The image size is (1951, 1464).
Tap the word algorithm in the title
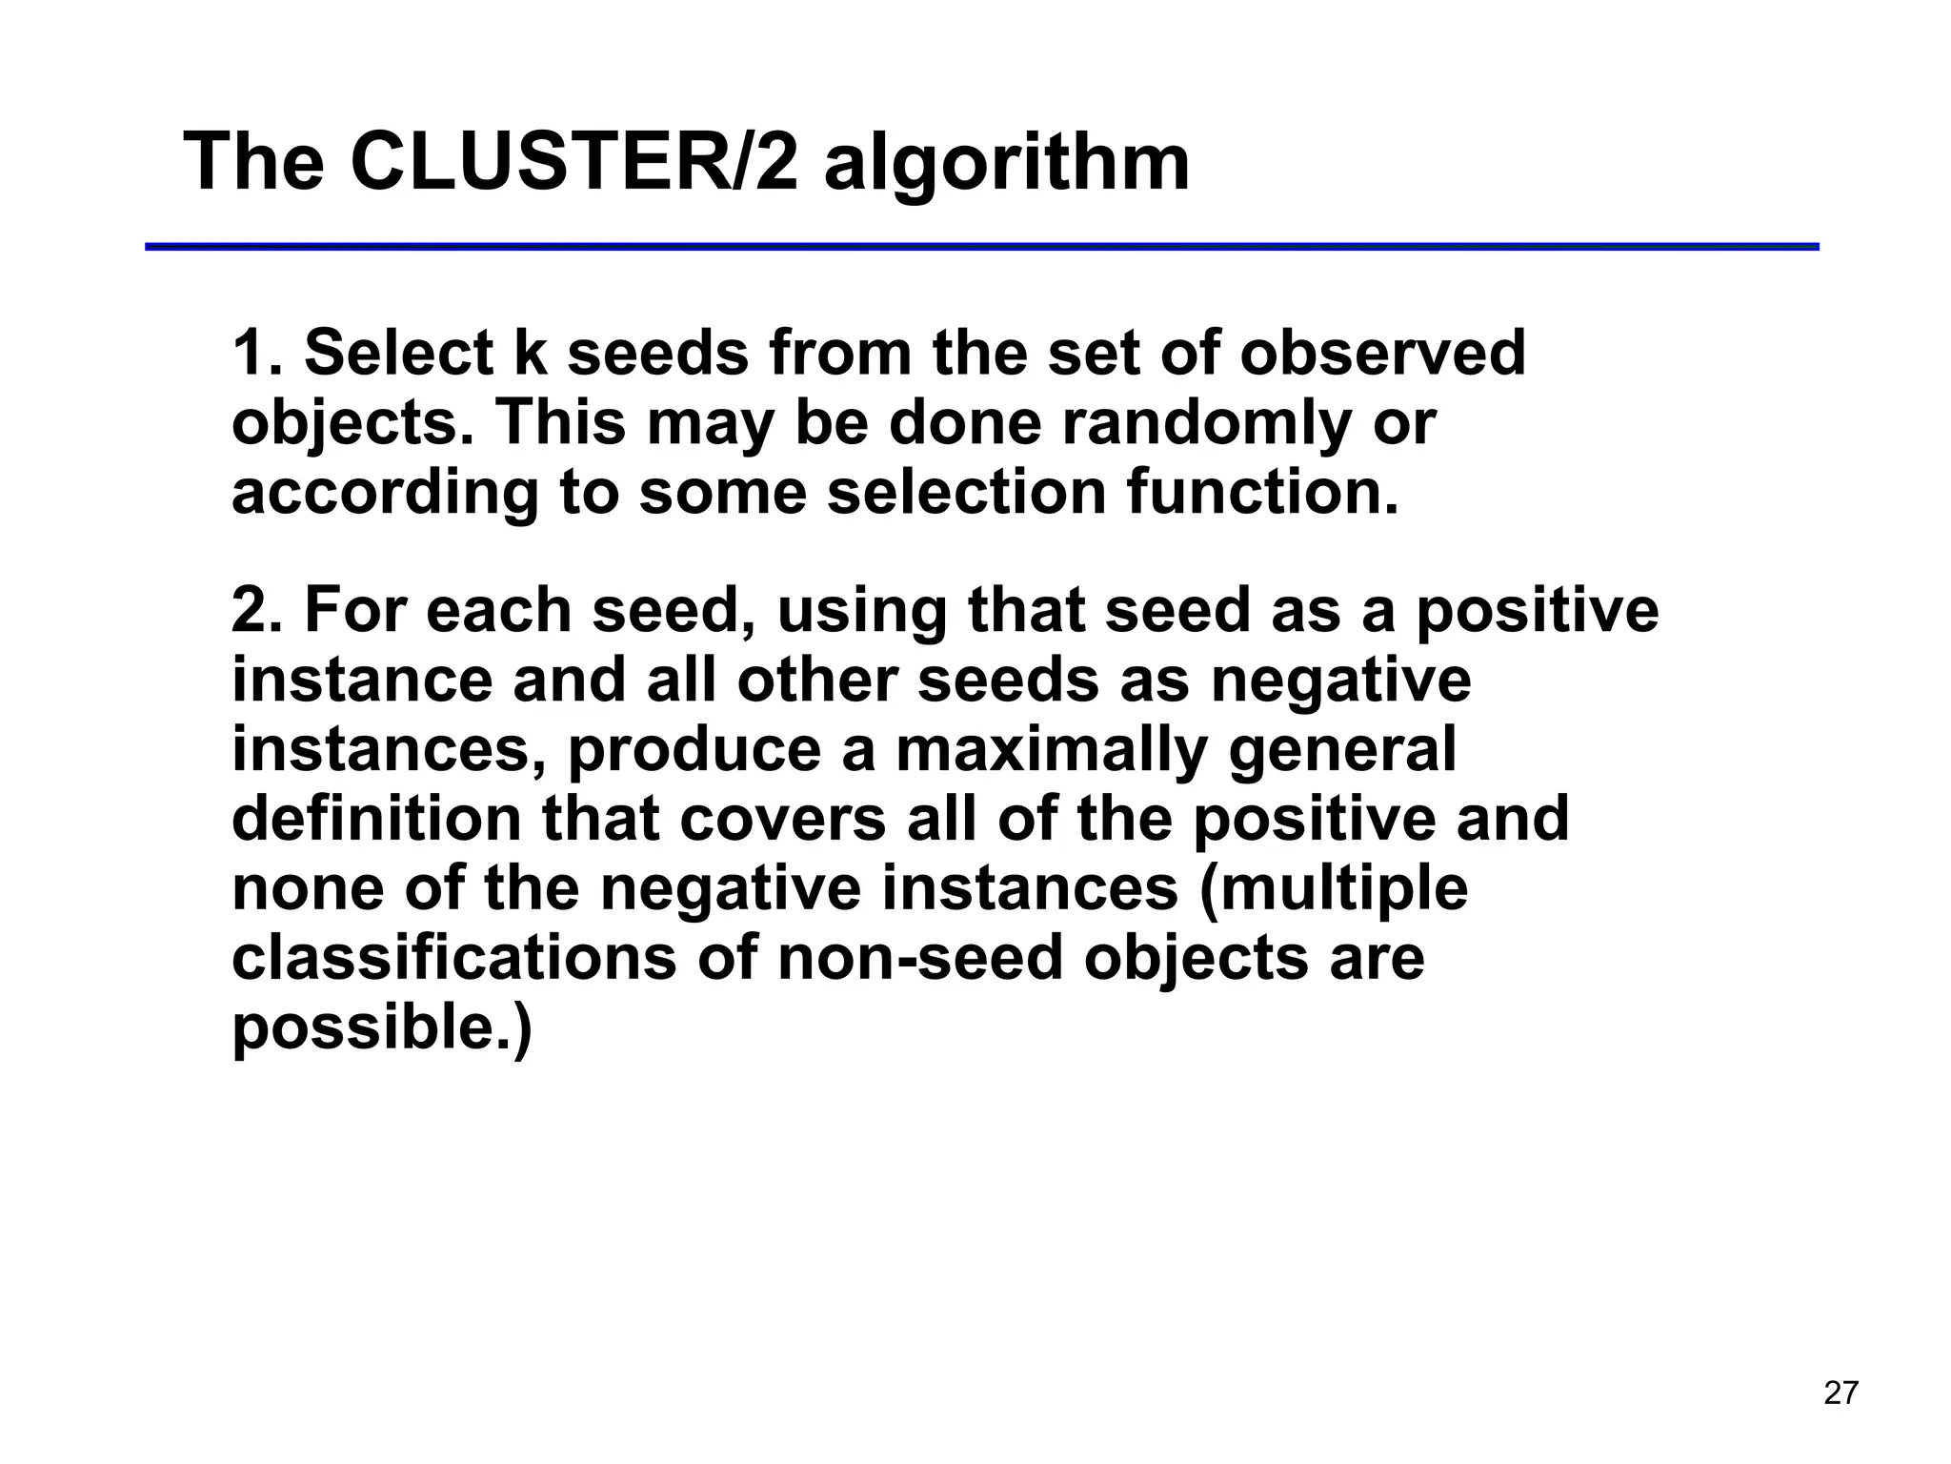click(1006, 164)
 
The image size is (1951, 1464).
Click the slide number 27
click(1840, 1393)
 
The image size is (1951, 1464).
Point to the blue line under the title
click(981, 247)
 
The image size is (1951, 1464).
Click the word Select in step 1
click(398, 353)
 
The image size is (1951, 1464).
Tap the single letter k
click(532, 353)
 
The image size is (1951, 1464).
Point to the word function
click(1262, 492)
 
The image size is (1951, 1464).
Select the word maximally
click(1052, 750)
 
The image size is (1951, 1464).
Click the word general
click(1342, 750)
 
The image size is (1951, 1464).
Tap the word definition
click(376, 819)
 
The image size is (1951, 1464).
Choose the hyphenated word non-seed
click(919, 958)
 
